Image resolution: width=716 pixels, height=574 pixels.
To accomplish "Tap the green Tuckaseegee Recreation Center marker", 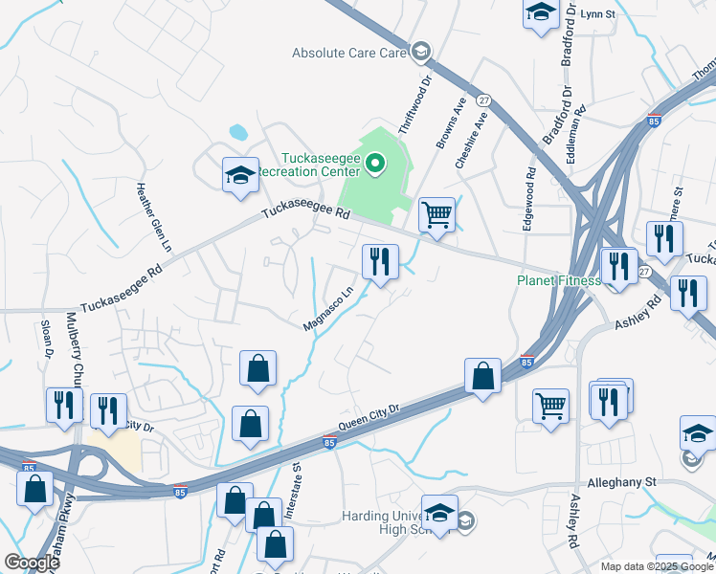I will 375,166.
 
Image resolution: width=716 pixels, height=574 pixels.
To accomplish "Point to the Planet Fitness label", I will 559,280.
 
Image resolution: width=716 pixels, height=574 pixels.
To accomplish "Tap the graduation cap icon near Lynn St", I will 541,13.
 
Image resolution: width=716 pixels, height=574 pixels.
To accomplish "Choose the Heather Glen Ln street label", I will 158,218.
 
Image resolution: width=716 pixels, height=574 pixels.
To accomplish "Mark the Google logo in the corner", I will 32,563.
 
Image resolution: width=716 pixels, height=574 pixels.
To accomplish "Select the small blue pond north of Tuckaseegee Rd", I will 236,131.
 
